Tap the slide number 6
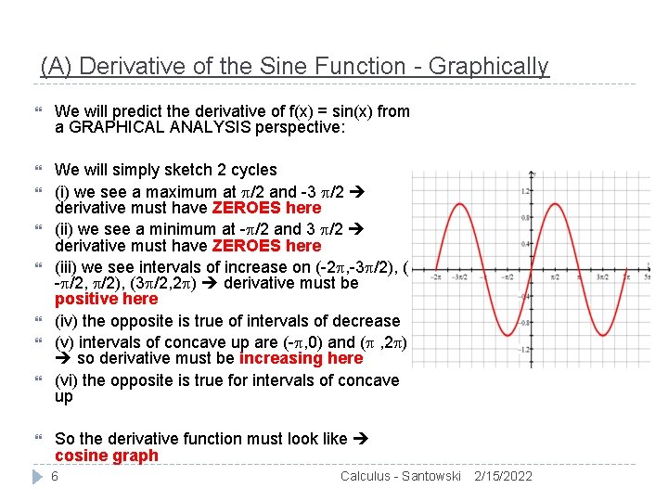tap(55, 476)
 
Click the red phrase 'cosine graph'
tap(107, 456)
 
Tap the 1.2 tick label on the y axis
tap(526, 192)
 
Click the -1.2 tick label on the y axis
tap(525, 350)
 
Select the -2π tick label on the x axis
tap(435, 276)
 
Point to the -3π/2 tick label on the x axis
tap(457, 276)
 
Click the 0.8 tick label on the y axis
tap(526, 218)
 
